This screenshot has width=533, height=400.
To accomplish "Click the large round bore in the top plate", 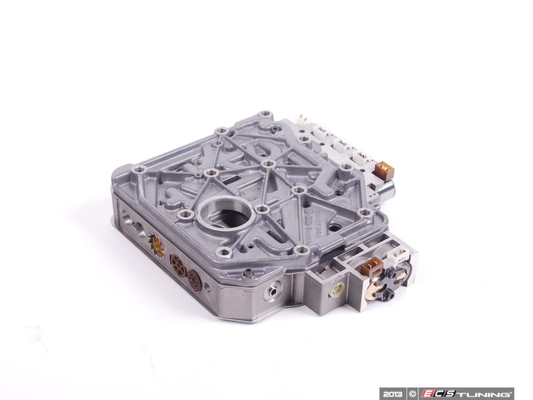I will [219, 219].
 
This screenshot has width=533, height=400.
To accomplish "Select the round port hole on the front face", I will [272, 292].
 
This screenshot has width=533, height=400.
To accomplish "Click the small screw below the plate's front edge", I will [248, 271].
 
